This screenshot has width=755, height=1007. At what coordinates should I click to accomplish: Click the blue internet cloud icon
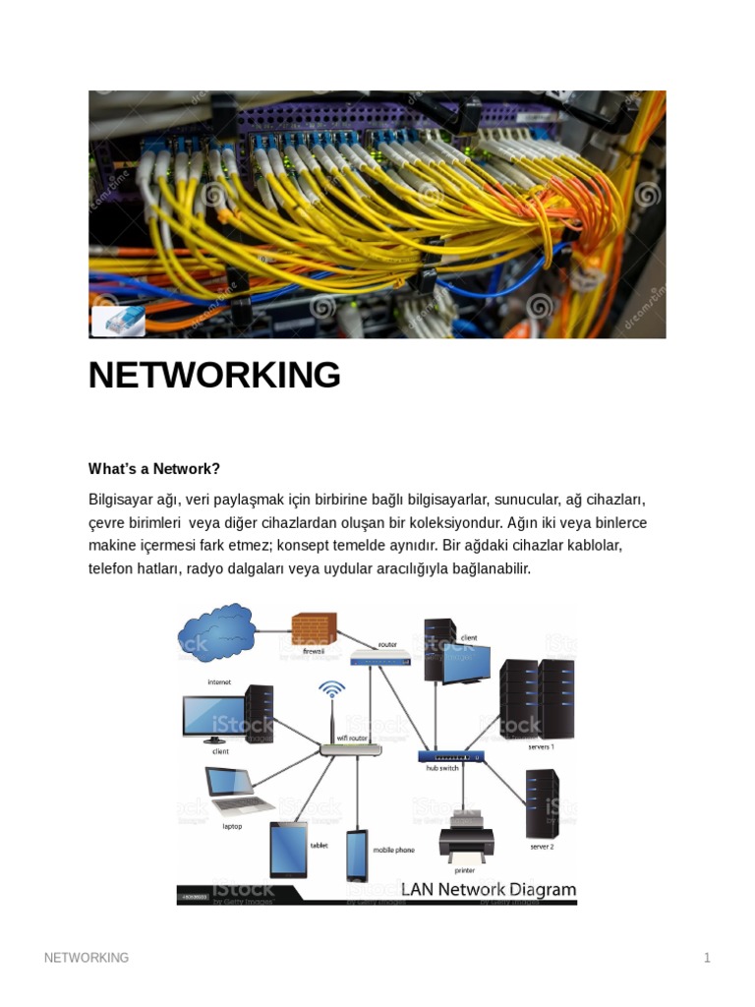coord(216,632)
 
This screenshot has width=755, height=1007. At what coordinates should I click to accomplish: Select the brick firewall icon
coord(314,628)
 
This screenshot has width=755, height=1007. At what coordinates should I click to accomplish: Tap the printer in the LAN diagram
coord(466,838)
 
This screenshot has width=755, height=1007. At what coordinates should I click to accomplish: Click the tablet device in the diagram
coord(288,849)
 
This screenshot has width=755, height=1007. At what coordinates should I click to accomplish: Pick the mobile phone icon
coord(356,855)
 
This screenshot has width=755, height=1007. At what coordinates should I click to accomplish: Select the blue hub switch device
coord(451,756)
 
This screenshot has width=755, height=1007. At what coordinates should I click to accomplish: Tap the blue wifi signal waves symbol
coord(332,689)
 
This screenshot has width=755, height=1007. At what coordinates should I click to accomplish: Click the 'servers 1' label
coord(542,746)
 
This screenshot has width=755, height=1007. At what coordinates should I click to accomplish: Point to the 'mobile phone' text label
coord(393,850)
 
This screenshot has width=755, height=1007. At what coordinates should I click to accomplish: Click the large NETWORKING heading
coord(214,375)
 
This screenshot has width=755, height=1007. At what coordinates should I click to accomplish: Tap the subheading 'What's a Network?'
coord(154,468)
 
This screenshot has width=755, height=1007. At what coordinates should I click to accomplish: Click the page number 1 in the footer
coord(707,958)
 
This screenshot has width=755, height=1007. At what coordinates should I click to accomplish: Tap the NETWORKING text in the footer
coord(87,958)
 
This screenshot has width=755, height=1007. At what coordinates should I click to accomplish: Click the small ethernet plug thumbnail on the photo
coord(118,321)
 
